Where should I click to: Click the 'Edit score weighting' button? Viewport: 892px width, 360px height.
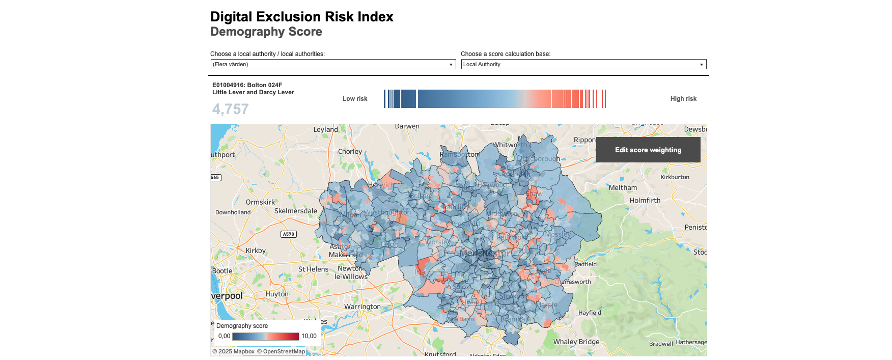(648, 150)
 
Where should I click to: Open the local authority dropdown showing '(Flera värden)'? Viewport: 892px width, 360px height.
(333, 64)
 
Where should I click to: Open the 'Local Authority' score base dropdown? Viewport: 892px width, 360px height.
(583, 64)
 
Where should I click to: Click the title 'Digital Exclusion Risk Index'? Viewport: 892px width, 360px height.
(301, 17)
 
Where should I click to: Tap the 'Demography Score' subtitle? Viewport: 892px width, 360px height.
(266, 32)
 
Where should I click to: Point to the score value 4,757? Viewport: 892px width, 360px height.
(230, 109)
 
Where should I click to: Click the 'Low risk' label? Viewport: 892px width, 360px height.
(355, 99)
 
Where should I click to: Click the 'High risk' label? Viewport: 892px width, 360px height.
(683, 99)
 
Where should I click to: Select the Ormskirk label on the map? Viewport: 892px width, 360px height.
(260, 202)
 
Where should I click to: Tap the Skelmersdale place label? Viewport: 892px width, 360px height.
(295, 211)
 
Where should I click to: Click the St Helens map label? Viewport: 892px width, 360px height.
(313, 269)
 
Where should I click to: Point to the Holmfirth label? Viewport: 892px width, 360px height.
(645, 201)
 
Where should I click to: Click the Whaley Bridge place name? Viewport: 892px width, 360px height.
(576, 342)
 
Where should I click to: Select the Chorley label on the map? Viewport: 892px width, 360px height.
(350, 152)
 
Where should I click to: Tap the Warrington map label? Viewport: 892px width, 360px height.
(362, 307)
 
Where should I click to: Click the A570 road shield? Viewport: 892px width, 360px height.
(289, 234)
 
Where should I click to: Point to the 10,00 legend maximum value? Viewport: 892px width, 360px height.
(309, 336)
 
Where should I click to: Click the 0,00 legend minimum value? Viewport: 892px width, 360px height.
(224, 336)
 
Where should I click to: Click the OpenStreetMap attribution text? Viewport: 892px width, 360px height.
(281, 351)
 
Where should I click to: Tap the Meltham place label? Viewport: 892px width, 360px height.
(623, 188)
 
